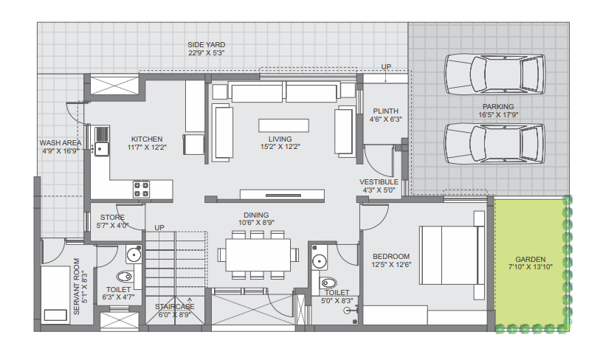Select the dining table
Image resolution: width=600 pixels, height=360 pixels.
coord(256,255)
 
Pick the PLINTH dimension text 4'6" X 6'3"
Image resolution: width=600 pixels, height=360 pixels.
coord(385,119)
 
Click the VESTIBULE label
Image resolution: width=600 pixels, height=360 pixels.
coord(379,181)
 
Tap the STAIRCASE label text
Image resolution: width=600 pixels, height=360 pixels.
coord(175,306)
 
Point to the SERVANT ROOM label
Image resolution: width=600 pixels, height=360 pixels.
coord(77,286)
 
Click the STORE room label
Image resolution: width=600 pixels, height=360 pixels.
coord(112,217)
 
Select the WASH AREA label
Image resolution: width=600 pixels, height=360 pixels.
coord(61,142)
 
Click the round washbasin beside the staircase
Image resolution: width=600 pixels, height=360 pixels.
coord(134,255)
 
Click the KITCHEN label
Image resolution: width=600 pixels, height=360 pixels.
coord(147,139)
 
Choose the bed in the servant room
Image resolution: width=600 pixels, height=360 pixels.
coord(55,295)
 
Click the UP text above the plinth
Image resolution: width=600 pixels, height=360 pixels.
coord(385,67)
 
